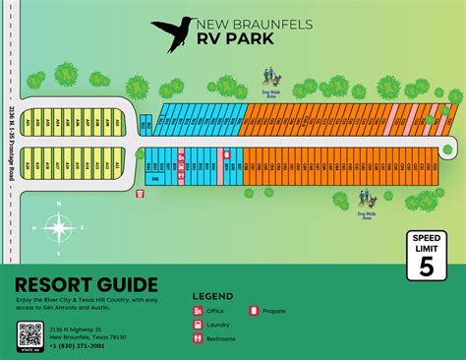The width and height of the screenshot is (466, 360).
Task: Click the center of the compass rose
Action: (x=59, y=228)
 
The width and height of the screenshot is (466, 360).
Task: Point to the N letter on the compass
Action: (x=59, y=204)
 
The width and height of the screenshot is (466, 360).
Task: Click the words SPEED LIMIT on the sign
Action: (x=426, y=242)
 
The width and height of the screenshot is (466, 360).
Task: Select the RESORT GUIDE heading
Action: (x=86, y=284)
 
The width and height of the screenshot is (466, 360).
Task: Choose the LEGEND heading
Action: (x=212, y=296)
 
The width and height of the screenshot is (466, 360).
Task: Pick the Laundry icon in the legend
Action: (x=198, y=325)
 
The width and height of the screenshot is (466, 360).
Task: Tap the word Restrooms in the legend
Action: (x=221, y=338)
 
